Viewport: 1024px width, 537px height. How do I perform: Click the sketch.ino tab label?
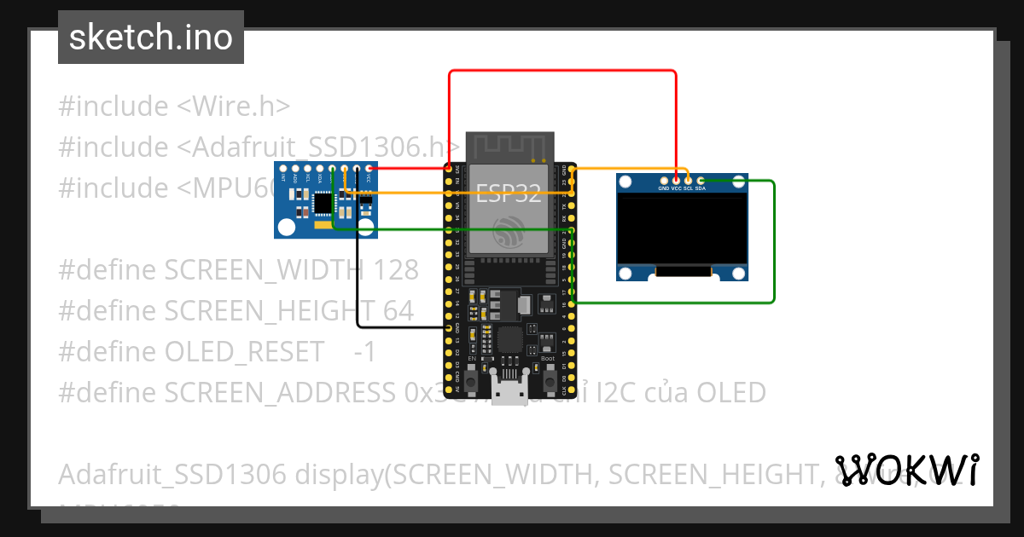pos(150,38)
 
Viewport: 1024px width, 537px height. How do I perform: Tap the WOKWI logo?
pos(906,470)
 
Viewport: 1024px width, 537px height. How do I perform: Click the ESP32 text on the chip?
pos(509,193)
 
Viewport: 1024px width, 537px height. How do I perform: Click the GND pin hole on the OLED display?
pos(664,179)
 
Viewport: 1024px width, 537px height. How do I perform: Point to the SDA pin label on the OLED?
pos(700,188)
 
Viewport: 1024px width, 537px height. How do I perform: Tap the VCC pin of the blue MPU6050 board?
pos(369,169)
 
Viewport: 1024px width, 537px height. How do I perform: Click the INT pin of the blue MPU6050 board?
pos(283,169)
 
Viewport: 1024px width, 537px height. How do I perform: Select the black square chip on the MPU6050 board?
pos(323,204)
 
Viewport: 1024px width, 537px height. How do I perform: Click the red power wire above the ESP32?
pos(563,72)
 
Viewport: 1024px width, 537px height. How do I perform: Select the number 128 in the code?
pos(397,270)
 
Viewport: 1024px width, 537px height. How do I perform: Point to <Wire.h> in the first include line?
pos(233,107)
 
